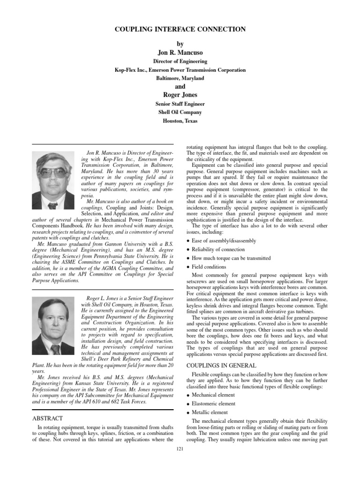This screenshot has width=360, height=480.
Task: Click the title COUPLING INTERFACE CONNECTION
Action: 180,30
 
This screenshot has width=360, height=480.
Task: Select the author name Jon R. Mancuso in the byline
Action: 180,52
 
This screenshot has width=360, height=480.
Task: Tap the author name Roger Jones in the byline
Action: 180,95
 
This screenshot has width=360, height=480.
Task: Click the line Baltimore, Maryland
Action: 180,78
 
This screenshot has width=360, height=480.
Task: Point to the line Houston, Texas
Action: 180,121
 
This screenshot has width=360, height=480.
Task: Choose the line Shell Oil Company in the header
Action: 180,112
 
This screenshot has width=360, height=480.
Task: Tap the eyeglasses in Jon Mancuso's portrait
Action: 52,172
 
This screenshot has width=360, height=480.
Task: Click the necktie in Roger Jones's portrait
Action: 55,349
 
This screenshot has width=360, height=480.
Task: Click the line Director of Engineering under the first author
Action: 180,61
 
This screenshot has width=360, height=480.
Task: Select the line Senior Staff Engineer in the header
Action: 180,104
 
